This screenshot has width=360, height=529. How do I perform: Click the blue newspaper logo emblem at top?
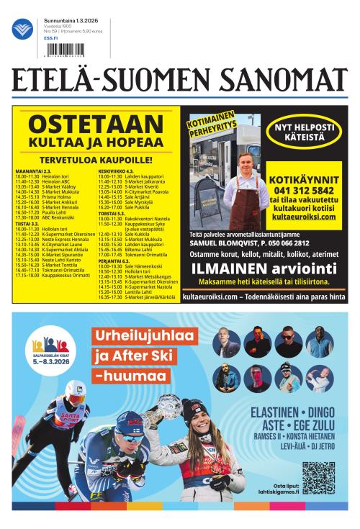pyautogui.click(x=22, y=30)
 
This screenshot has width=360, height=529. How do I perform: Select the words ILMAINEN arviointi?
pyautogui.click(x=265, y=268)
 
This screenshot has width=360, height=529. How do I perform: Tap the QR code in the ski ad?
pyautogui.click(x=318, y=477)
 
